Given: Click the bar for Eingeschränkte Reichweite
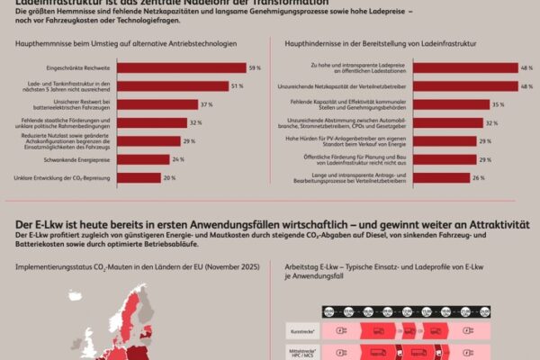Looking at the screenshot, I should pos(181,67).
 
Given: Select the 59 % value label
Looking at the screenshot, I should pos(255,67).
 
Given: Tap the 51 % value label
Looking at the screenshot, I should pos(237,86).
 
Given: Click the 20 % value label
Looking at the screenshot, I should pos(168,177).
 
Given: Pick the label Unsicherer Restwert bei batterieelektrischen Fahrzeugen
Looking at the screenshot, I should pos(84,104).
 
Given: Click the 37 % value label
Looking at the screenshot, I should pos(206,104).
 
